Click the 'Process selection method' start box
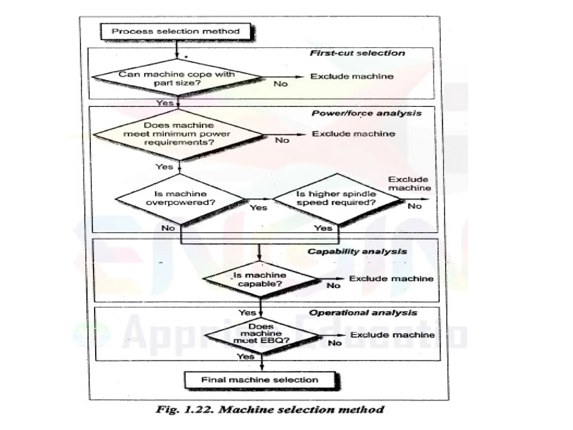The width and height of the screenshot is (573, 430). point(176,31)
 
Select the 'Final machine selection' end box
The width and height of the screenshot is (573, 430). point(260,380)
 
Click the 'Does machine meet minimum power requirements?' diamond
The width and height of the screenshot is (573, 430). point(179,134)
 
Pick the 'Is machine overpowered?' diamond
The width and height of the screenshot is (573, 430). point(180,198)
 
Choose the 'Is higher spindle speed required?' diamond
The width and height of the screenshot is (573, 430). point(336,198)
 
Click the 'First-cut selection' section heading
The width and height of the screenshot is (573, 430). point(357,53)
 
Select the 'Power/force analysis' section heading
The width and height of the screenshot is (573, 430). point(366,113)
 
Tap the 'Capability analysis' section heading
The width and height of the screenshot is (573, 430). point(357,251)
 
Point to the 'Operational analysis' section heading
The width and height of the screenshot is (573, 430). point(363,313)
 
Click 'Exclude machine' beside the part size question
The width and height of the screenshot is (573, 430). point(352,76)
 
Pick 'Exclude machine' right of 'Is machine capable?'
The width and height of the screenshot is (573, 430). point(391,279)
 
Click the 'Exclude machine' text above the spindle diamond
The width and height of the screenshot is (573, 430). point(409,184)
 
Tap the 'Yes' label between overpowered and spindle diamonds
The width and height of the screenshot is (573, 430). point(258,208)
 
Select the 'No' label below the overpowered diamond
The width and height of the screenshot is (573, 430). point(168,228)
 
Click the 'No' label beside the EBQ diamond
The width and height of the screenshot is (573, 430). point(335,343)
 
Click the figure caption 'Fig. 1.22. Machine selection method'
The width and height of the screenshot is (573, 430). point(270,410)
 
